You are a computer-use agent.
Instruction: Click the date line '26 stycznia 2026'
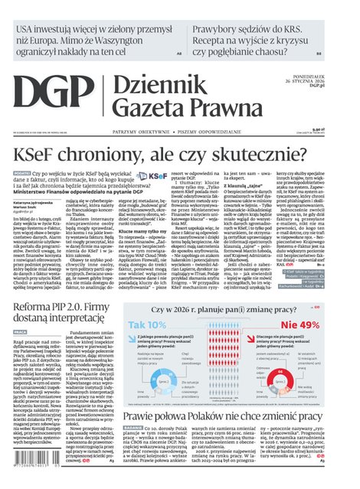tap(330, 81)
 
